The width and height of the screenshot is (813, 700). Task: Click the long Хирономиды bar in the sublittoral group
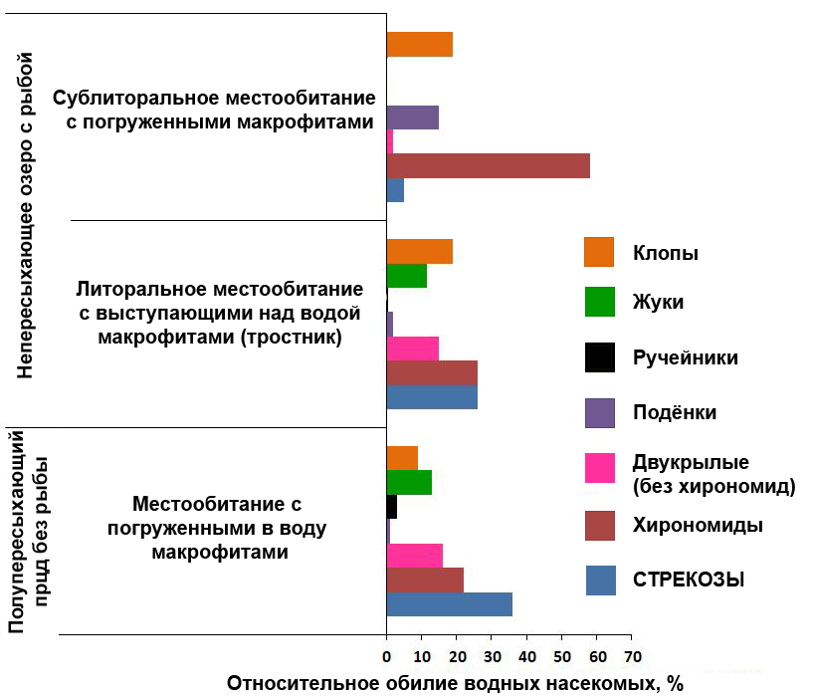tap(488, 165)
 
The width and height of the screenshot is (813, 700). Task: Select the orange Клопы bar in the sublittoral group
tap(419, 45)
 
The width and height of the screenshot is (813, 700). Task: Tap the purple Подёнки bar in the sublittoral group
tap(412, 117)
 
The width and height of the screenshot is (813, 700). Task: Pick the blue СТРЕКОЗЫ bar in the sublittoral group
tap(395, 189)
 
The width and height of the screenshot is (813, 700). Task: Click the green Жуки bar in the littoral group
tap(406, 276)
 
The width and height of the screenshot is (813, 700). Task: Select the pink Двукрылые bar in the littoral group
tap(412, 349)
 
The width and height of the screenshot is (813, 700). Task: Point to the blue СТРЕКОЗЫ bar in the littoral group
tap(431, 396)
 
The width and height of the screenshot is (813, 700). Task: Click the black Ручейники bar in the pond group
tap(392, 506)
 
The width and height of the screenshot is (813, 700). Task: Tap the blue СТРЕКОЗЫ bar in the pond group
tap(449, 603)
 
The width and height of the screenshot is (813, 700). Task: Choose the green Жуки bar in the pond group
tap(409, 482)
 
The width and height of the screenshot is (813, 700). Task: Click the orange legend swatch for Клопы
tap(599, 252)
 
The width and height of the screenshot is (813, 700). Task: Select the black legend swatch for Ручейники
tap(599, 356)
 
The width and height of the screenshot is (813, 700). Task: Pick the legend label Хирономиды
tap(698, 525)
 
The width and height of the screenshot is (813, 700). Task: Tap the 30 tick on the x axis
tap(492, 656)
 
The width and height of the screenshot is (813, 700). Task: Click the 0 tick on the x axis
tap(387, 656)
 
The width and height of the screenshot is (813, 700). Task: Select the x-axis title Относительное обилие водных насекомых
tap(456, 684)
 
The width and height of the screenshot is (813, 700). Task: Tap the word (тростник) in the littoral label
tap(294, 338)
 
